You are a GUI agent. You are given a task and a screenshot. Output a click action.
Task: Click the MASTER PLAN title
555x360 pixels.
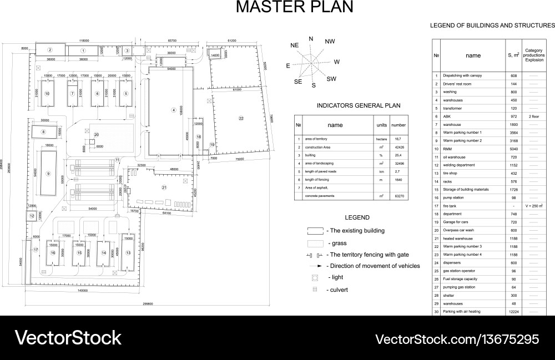[x=294, y=7]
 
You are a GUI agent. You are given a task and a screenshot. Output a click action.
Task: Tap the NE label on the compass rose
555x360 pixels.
[x=294, y=44]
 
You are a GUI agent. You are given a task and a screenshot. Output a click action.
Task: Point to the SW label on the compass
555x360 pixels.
[x=331, y=79]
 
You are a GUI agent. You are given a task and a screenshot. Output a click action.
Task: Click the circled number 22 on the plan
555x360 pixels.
[x=241, y=118]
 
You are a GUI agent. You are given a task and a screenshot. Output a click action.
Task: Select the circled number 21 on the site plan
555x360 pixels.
[x=164, y=187]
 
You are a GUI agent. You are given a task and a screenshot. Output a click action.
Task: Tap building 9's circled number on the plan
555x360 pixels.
[x=48, y=174]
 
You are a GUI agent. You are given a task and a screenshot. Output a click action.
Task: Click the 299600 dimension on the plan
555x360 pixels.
[x=148, y=304]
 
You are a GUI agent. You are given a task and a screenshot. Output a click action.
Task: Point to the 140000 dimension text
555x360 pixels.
[x=83, y=291]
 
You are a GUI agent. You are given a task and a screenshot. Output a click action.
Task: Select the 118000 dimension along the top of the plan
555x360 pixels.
[x=83, y=40]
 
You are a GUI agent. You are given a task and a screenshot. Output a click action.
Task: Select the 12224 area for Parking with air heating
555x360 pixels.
[x=513, y=311]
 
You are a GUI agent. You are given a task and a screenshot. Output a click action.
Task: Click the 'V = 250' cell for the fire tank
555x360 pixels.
[x=533, y=206]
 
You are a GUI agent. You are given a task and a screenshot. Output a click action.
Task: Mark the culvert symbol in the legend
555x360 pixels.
[x=315, y=290]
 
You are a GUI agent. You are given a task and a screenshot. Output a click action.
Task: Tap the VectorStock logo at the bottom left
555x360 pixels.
[x=68, y=338]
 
